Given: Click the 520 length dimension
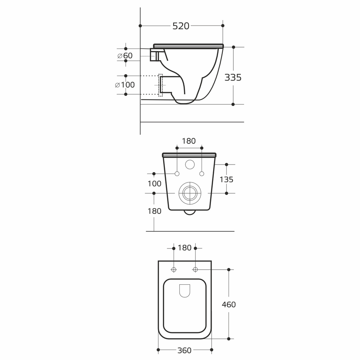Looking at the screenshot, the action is point(181,26).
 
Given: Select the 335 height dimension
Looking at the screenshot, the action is point(233,78).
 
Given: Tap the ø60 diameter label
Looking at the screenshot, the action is point(125,55).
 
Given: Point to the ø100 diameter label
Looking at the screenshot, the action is point(125,85).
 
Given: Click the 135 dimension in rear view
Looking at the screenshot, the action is point(226,179).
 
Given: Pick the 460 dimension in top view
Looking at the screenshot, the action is point(229,305).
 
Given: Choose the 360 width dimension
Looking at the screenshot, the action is point(184,350).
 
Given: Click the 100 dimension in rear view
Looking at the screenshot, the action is point(154,184).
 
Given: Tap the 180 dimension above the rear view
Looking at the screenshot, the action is point(189,141).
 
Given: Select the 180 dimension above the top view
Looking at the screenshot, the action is point(185,248).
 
